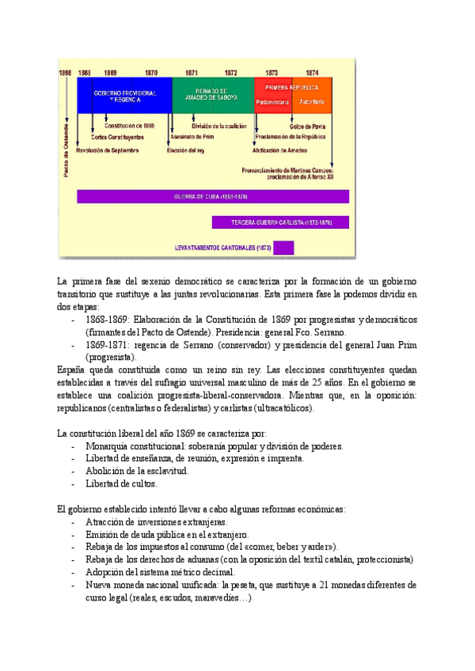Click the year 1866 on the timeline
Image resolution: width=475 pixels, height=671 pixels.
coord(65,71)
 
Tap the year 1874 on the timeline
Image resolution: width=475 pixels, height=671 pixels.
coord(312,71)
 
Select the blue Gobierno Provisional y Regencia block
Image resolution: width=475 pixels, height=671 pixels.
coord(123,96)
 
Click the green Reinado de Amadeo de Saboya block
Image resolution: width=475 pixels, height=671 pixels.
coord(211,94)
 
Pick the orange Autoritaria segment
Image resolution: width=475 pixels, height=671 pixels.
coord(312,101)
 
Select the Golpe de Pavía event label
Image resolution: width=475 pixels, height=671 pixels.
coord(307,125)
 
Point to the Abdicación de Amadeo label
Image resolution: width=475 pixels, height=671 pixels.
coord(279,148)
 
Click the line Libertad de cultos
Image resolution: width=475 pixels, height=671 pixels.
coord(122,483)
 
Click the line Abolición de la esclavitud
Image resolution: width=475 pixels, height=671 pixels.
coord(137,471)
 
